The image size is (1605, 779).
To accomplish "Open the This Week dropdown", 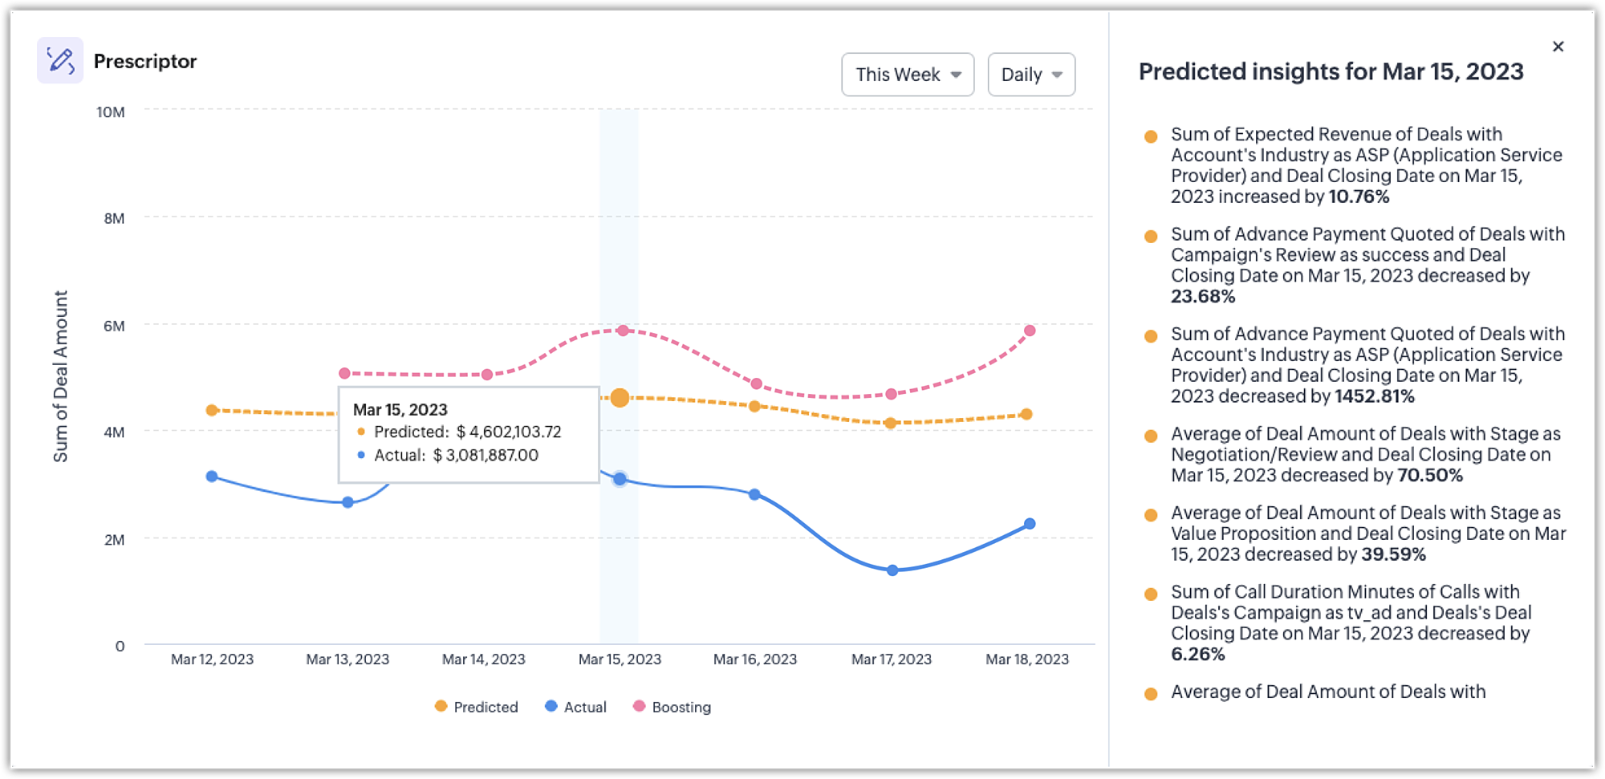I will click(908, 75).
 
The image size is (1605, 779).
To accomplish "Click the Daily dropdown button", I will click(1031, 75).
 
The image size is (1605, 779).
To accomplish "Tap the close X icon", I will click(1558, 47).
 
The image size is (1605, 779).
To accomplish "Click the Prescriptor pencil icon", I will click(60, 60).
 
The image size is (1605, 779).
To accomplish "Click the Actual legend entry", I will click(575, 707).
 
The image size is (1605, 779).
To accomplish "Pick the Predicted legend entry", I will click(476, 707).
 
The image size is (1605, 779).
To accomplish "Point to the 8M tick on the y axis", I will click(114, 218).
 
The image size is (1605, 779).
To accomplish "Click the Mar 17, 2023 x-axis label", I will click(891, 659).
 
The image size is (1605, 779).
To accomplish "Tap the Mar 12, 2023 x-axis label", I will click(212, 659).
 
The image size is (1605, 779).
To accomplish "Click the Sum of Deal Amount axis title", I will click(60, 376).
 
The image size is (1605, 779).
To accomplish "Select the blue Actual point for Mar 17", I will click(892, 570).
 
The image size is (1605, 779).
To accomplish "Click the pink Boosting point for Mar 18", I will click(1030, 331).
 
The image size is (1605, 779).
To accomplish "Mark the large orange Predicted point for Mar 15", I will click(620, 398).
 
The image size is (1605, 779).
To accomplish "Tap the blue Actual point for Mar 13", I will click(347, 502).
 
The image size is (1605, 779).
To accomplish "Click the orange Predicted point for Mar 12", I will click(212, 410).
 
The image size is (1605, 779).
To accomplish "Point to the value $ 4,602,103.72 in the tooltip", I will click(509, 432).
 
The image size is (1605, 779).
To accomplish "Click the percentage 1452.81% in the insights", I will click(1374, 396).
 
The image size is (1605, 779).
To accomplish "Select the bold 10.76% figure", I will click(1359, 197).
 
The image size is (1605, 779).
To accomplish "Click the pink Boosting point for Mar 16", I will click(756, 383).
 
